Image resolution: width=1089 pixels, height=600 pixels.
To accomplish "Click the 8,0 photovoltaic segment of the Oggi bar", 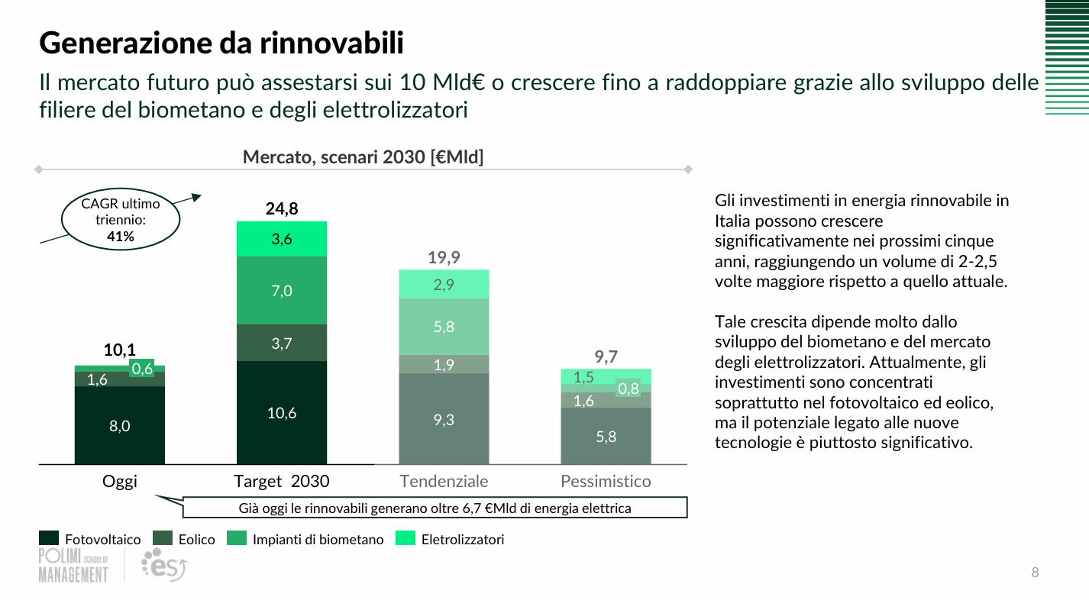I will click(x=120, y=426).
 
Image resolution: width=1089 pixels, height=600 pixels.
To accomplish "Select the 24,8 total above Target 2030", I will click(x=282, y=208).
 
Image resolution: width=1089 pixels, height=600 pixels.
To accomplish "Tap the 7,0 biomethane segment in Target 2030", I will click(x=282, y=290).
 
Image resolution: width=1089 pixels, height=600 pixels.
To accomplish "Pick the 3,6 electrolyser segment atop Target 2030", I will click(x=282, y=239).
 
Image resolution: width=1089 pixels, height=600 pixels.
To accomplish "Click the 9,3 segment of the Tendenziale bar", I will click(x=444, y=419).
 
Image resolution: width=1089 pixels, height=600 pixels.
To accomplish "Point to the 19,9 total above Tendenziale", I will click(x=444, y=257).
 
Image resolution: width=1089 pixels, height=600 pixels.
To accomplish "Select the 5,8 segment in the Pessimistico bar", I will click(x=606, y=437).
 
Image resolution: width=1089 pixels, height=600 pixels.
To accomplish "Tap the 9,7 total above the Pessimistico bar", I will click(x=606, y=356).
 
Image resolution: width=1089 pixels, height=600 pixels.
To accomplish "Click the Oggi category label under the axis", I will click(x=120, y=482).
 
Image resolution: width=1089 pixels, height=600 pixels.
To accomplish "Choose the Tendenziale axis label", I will click(x=444, y=482).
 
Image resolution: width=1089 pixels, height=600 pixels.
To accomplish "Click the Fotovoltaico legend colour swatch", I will click(x=49, y=539).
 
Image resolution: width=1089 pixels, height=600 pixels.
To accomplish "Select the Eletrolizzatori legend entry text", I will click(x=463, y=540).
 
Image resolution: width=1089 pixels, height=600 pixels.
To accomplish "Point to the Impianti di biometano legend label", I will click(x=318, y=540).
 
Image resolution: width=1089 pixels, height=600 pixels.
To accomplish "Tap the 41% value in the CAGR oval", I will click(x=121, y=237).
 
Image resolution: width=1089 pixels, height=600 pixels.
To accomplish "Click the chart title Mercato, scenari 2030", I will click(x=363, y=157).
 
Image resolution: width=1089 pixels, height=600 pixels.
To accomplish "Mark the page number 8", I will click(x=1035, y=573).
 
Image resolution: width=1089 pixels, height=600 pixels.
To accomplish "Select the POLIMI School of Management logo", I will click(x=73, y=566).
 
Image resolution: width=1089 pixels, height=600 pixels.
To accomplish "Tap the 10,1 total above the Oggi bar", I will click(x=120, y=350).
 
